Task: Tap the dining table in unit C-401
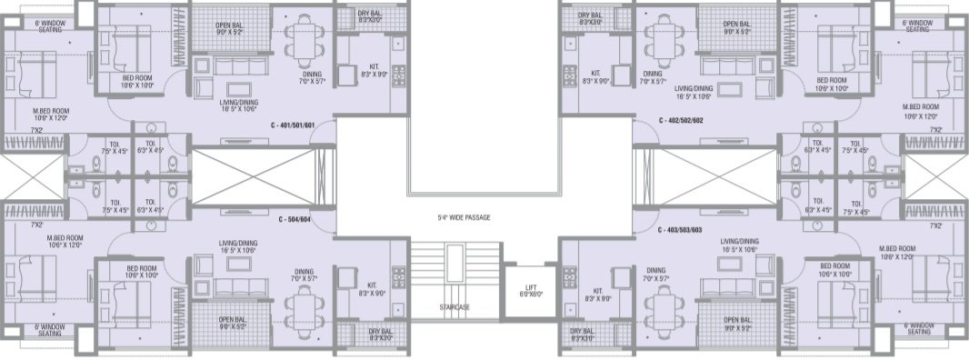tap(299, 40)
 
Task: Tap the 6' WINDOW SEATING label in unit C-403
tap(918, 328)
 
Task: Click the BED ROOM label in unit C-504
tap(144, 273)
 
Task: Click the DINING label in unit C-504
tap(304, 275)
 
